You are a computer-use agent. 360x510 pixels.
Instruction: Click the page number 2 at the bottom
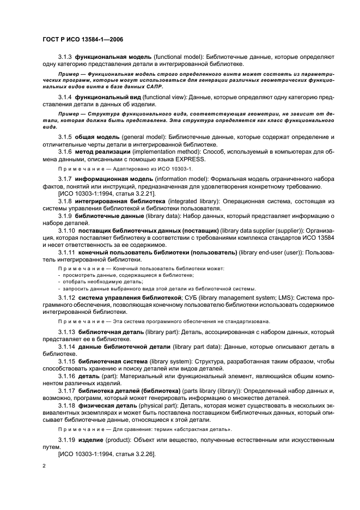tap(44, 466)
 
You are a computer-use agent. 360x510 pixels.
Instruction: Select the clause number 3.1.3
tap(65, 57)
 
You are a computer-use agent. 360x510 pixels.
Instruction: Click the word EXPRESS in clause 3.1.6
tap(174, 159)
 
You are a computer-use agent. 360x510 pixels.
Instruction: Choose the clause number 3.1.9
tap(65, 216)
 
